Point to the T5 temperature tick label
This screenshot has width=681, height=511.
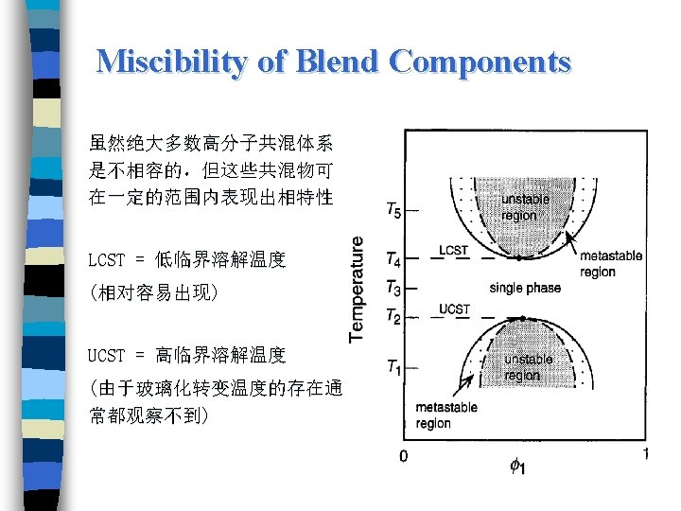coord(393,210)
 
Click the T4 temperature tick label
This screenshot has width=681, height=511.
coord(393,257)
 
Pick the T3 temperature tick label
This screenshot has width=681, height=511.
coord(393,287)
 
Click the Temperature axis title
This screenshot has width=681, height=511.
coord(357,290)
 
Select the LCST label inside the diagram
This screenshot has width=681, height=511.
coord(453,250)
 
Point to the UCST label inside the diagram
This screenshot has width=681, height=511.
coord(454,309)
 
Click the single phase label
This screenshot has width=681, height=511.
coord(525,288)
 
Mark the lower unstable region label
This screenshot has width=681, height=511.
coord(529,366)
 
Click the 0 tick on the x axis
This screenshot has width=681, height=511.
coord(404,456)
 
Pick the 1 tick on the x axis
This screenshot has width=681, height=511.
coord(646,454)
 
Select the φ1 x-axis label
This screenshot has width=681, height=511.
coord(518,466)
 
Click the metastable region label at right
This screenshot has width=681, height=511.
coord(610,264)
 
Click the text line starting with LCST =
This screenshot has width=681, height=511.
coord(186,259)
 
